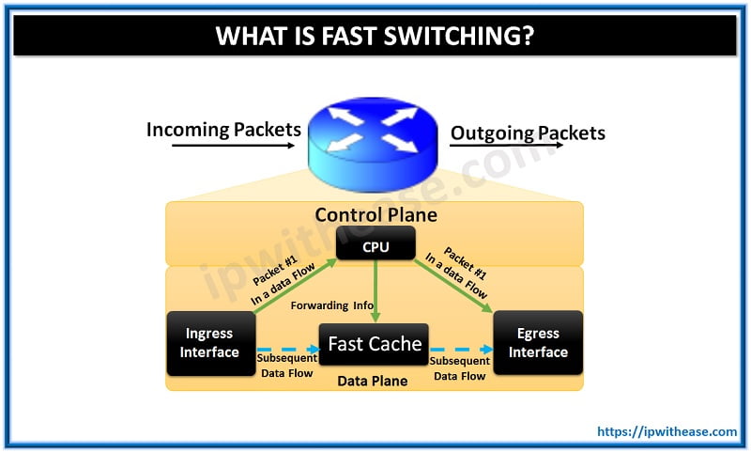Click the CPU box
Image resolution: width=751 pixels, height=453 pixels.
(375, 247)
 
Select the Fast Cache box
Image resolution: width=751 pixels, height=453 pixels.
(375, 344)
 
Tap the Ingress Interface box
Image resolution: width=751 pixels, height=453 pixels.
(208, 343)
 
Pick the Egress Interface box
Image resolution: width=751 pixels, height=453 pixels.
(538, 343)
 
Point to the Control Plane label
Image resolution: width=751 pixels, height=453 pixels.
(375, 215)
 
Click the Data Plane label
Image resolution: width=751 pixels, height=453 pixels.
(373, 381)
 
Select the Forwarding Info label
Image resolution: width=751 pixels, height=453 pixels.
(330, 305)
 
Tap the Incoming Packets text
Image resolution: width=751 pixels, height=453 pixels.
(223, 130)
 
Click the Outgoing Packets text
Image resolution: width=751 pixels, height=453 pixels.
(528, 133)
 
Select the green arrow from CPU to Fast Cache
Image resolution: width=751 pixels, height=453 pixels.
(375, 291)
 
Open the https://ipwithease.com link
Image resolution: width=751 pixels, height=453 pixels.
(667, 431)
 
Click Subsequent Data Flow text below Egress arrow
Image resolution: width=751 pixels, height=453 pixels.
(459, 367)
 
